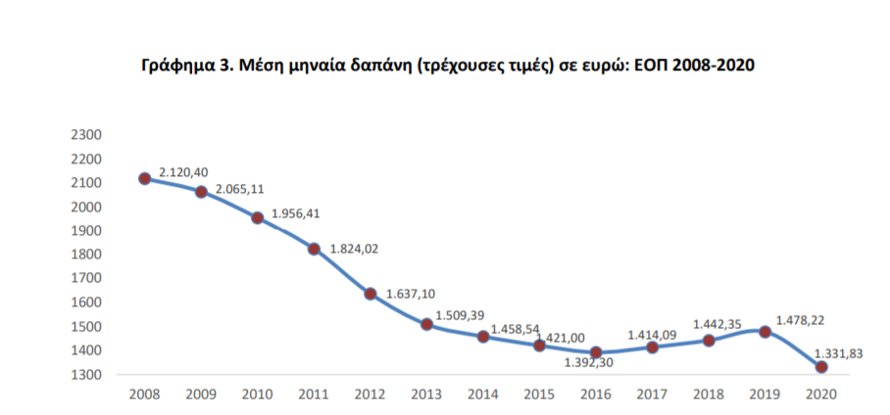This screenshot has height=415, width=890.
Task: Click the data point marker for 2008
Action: tap(144, 178)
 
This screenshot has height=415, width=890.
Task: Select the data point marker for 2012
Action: tap(371, 294)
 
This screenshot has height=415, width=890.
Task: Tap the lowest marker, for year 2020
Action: tap(821, 367)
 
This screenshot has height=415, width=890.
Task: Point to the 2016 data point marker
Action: tap(596, 352)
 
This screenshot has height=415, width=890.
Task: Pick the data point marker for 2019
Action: tap(766, 332)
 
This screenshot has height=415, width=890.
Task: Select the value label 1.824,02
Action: tap(354, 249)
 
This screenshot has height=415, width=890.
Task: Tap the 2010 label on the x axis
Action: tap(257, 393)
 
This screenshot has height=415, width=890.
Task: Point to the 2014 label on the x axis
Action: tap(483, 393)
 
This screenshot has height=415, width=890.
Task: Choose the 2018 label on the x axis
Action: tap(709, 393)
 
